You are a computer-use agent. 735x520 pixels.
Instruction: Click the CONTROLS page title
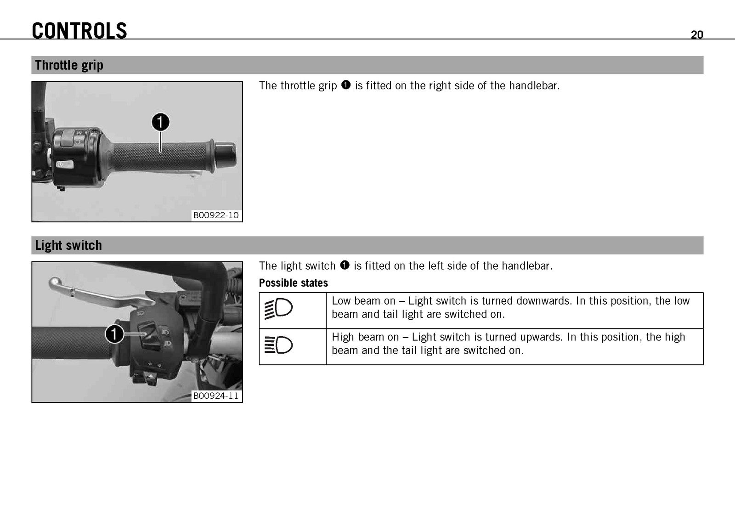coord(79,30)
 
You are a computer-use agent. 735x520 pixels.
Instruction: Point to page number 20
coord(696,35)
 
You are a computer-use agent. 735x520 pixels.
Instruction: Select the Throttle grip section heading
coord(69,65)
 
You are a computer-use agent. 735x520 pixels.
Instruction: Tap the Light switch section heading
coord(68,245)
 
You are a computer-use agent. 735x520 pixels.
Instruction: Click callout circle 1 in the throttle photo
coord(160,122)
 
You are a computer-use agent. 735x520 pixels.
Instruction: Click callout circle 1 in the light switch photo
coord(114,334)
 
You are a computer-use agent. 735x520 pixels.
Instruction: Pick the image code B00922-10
coord(216,215)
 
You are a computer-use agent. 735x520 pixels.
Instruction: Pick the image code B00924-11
coord(216,396)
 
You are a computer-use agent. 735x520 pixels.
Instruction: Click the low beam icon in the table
coord(278,308)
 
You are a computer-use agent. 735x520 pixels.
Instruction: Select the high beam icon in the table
coord(278,345)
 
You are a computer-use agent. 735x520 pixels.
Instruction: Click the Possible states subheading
coord(294,283)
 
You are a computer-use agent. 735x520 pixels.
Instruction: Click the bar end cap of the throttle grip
coord(225,154)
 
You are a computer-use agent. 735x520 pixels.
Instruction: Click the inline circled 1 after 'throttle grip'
coord(346,85)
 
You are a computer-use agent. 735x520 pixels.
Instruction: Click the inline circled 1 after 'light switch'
coord(345,265)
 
